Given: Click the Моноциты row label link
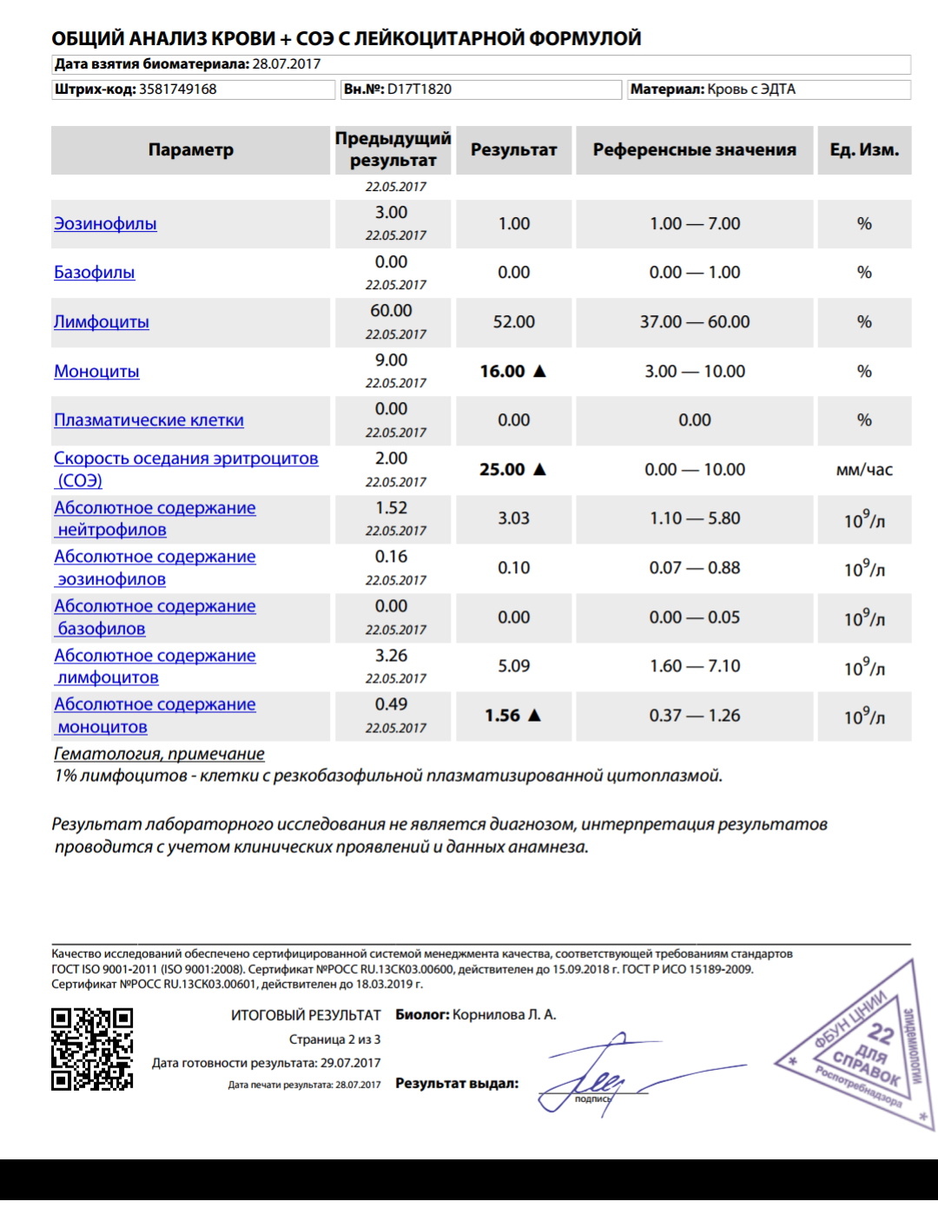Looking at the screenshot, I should click(96, 372).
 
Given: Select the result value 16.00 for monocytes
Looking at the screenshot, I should click(502, 372).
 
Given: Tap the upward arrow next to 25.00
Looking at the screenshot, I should click(539, 469).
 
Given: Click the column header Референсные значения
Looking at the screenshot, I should click(694, 150).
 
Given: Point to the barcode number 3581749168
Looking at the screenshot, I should click(177, 89).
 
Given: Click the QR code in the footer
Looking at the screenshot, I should click(92, 1049).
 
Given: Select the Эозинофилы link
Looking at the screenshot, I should click(105, 224).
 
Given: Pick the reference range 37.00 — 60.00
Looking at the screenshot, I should click(694, 322).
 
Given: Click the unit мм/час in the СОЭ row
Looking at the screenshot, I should click(864, 470).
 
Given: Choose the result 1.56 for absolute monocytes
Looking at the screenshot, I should click(502, 716).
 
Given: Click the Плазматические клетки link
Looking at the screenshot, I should click(149, 420).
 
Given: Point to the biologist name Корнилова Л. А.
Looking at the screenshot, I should click(504, 1014).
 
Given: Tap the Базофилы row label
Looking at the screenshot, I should click(94, 273).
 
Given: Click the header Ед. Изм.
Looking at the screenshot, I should click(864, 150).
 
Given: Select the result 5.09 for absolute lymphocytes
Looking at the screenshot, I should click(513, 666).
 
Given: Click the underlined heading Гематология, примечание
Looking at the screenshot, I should click(159, 754).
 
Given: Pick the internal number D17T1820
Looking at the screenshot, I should click(419, 89).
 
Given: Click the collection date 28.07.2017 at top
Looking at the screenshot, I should click(286, 64).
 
